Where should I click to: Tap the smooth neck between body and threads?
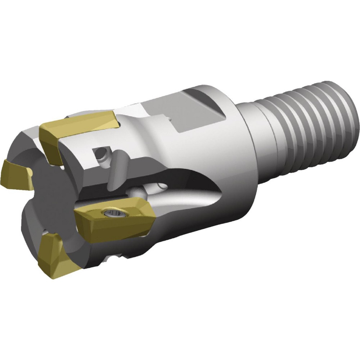pos(252,137)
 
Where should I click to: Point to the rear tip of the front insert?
pos(153,216)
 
